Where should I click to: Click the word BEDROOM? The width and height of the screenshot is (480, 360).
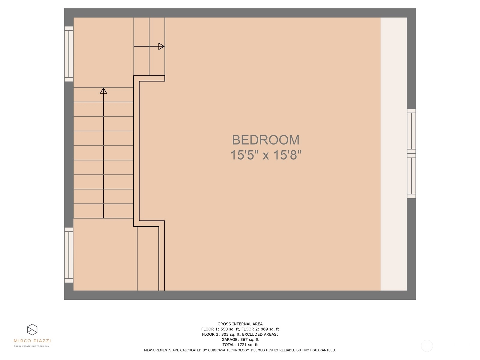coord(265,140)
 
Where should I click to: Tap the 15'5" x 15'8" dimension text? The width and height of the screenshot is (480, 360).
coord(266,155)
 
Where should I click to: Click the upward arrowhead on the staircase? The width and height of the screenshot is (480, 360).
coord(103,91)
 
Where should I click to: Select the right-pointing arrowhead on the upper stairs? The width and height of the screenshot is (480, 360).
coord(161,46)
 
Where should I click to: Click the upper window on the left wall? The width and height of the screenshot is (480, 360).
coord(69,54)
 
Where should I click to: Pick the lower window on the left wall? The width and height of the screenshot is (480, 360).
coord(69,255)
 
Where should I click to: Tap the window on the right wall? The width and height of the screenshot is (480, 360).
coord(411,154)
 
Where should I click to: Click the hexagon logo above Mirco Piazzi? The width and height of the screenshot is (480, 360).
coord(32,330)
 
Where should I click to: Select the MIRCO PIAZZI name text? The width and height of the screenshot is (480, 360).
coord(32,341)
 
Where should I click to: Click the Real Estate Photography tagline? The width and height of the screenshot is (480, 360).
coord(32,346)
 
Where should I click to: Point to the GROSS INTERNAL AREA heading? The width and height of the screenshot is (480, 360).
coord(240,324)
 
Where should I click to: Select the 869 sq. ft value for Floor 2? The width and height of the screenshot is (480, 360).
coord(270,329)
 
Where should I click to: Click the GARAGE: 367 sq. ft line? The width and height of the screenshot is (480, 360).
coord(240,340)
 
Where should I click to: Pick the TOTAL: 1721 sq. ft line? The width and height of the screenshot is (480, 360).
coord(240,345)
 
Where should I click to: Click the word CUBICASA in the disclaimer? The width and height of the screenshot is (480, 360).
coord(217,350)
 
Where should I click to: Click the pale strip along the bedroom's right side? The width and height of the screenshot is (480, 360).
coord(394,154)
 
